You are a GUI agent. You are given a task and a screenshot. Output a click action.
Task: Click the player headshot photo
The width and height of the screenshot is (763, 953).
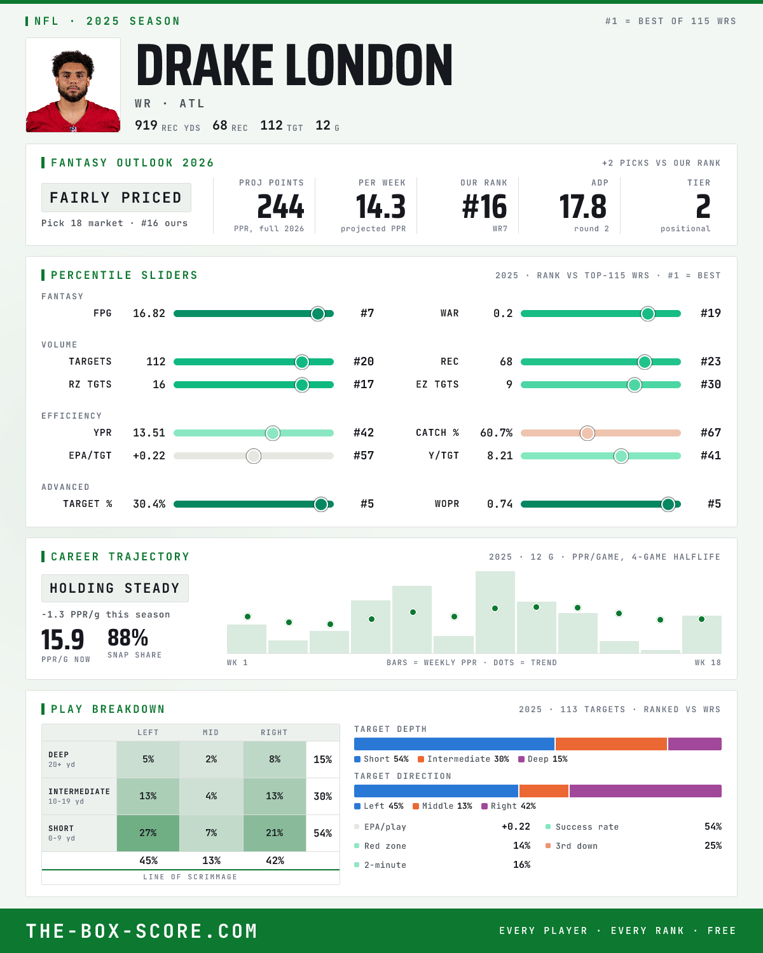[73, 85]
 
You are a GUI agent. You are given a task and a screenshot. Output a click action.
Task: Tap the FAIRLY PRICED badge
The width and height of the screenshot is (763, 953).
[116, 198]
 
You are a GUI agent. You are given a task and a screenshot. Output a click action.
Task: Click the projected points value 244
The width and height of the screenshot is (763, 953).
[280, 207]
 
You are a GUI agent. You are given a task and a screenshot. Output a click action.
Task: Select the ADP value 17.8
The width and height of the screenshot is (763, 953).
[582, 207]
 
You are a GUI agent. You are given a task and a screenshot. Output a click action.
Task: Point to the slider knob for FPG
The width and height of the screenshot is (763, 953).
[318, 313]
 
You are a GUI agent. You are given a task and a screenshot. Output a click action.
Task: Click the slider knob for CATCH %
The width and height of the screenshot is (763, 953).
[588, 433]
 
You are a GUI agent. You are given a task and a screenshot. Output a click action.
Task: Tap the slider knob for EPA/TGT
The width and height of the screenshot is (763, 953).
[254, 456]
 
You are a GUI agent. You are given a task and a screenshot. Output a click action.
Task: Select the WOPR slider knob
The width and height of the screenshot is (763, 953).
[668, 504]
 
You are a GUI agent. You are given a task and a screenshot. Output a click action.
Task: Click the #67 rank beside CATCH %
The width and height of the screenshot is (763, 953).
[711, 433]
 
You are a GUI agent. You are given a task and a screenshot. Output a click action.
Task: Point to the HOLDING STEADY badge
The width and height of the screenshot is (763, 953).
[115, 588]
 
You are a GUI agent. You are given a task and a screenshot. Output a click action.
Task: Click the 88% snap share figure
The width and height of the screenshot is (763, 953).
[128, 638]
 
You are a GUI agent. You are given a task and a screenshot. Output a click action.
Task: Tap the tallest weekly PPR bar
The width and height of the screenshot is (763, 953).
[495, 612]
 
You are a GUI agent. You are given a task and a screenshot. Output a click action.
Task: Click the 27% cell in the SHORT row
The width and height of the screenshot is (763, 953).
[148, 833]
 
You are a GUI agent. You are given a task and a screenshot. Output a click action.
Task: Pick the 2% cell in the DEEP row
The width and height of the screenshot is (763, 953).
[211, 759]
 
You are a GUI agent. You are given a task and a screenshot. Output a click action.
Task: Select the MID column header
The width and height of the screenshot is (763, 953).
[210, 733]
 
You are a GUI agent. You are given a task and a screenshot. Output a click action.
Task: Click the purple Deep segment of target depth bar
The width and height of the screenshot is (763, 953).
[695, 744]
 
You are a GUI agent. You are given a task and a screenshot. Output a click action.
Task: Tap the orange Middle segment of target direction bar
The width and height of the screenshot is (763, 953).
[544, 791]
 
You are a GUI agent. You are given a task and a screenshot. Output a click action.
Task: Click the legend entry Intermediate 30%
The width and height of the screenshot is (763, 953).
[464, 759]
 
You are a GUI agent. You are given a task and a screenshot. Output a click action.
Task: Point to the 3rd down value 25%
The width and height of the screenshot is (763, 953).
[713, 846]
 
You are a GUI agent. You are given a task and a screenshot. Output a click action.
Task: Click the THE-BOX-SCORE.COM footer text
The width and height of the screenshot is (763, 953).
[142, 931]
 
